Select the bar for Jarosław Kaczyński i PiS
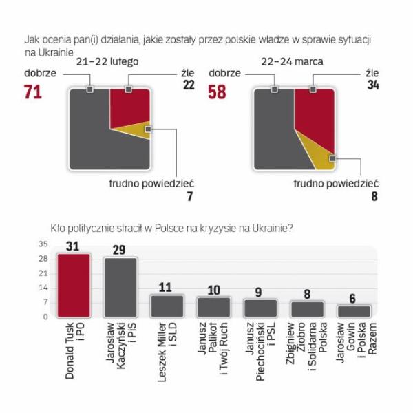tap(120, 287)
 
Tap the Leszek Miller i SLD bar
tap(167, 305)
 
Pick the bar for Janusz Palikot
tap(213, 306)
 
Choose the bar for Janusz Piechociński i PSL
tap(260, 307)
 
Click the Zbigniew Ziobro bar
tap(307, 308)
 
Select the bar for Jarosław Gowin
tap(354, 310)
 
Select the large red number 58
tap(217, 92)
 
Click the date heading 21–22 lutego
tap(107, 62)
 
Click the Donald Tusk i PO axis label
tap(74, 344)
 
